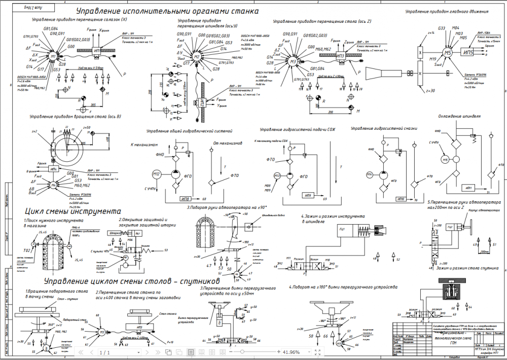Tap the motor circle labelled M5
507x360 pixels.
pos(447,53)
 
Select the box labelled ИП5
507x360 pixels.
pos(468,52)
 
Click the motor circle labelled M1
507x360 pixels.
pos(53,56)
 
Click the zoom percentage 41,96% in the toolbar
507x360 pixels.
pos(291,352)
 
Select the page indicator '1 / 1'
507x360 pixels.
pos(104,352)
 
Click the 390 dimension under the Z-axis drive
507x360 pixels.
pos(331,111)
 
